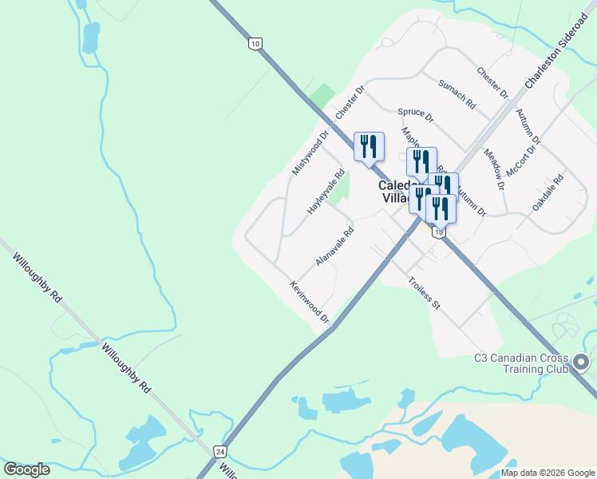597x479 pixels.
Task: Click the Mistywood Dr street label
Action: pyautogui.click(x=310, y=153)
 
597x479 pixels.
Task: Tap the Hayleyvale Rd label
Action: pyautogui.click(x=326, y=192)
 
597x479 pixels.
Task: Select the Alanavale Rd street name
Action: pyautogui.click(x=334, y=247)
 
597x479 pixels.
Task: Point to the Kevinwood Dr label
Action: pyautogui.click(x=310, y=302)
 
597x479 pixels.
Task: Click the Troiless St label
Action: pyautogui.click(x=424, y=293)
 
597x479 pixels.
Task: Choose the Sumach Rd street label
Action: pyautogui.click(x=457, y=94)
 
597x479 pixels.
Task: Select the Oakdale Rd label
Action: pyautogui.click(x=548, y=193)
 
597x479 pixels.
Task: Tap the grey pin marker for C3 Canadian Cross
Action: pyautogui.click(x=582, y=363)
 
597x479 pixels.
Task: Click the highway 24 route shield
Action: pyautogui.click(x=219, y=451)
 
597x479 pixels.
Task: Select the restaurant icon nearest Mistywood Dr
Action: pyautogui.click(x=369, y=147)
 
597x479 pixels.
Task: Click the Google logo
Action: pyautogui.click(x=27, y=469)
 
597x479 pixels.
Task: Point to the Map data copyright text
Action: pyautogui.click(x=548, y=473)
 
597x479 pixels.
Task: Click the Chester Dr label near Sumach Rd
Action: pyautogui.click(x=492, y=83)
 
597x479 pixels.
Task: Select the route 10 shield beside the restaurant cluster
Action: pyautogui.click(x=438, y=232)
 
